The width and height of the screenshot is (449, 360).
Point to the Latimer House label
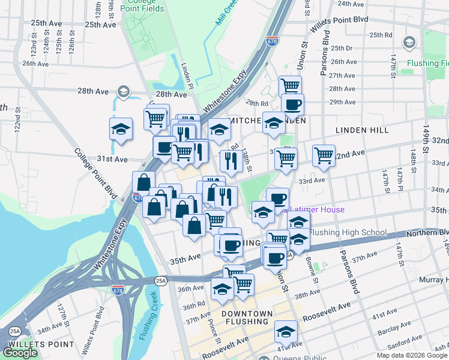318,209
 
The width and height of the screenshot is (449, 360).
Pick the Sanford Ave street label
402,346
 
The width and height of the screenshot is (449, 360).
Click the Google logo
20,353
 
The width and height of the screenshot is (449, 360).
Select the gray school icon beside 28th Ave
123,92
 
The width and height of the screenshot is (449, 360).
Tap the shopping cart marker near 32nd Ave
324,155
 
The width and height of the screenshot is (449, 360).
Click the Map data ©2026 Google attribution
412,355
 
